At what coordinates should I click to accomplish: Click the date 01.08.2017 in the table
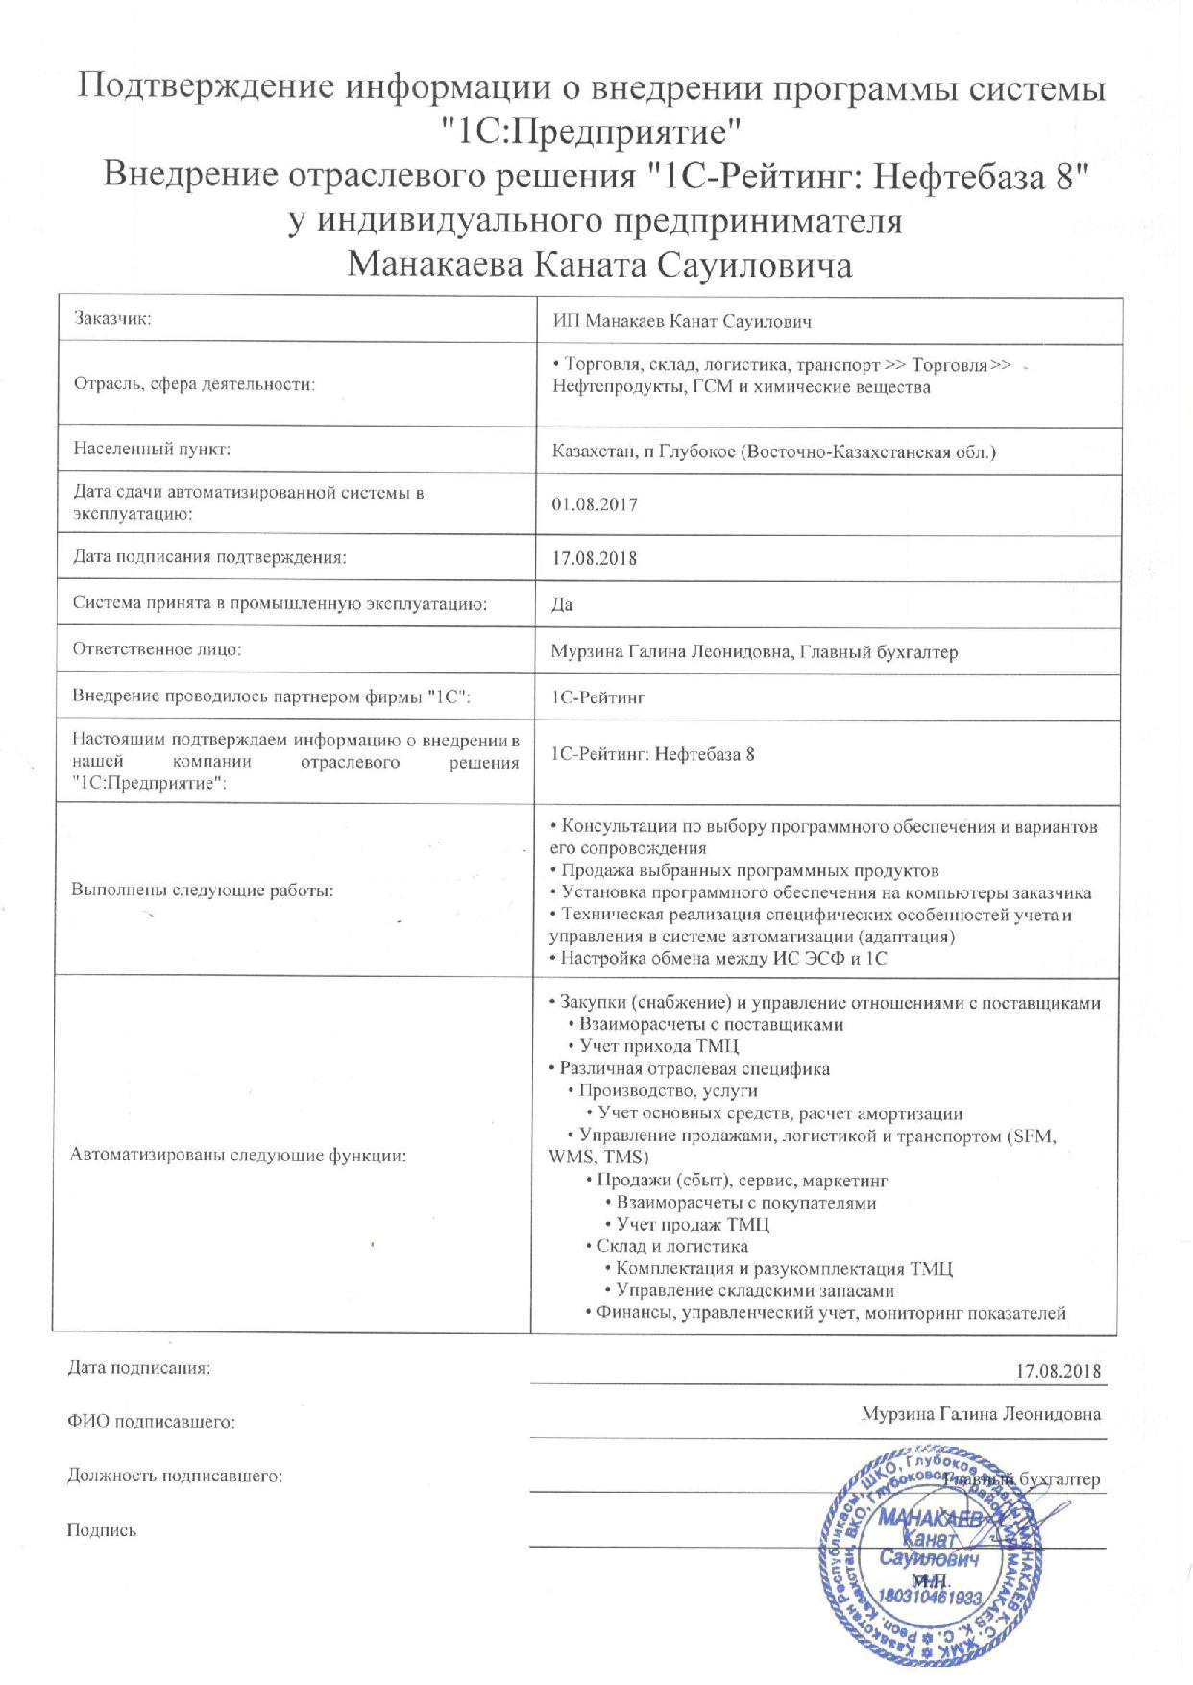pyautogui.click(x=595, y=504)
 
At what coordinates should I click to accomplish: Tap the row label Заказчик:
pyautogui.click(x=113, y=320)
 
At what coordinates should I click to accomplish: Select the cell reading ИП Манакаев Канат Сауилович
pyautogui.click(x=682, y=321)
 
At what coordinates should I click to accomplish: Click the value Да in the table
pyautogui.click(x=562, y=604)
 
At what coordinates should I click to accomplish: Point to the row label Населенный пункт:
pyautogui.click(x=152, y=449)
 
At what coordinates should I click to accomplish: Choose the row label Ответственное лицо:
pyautogui.click(x=157, y=649)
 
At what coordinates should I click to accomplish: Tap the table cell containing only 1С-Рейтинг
pyautogui.click(x=597, y=697)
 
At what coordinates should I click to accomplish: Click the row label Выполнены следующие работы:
pyautogui.click(x=202, y=890)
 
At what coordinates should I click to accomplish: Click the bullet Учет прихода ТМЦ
pyautogui.click(x=658, y=1046)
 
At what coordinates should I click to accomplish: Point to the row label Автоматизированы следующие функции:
pyautogui.click(x=238, y=1156)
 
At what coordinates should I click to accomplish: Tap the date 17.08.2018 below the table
pyautogui.click(x=1058, y=1370)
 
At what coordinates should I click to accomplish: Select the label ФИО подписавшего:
pyautogui.click(x=151, y=1421)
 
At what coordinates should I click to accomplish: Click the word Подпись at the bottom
pyautogui.click(x=101, y=1530)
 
